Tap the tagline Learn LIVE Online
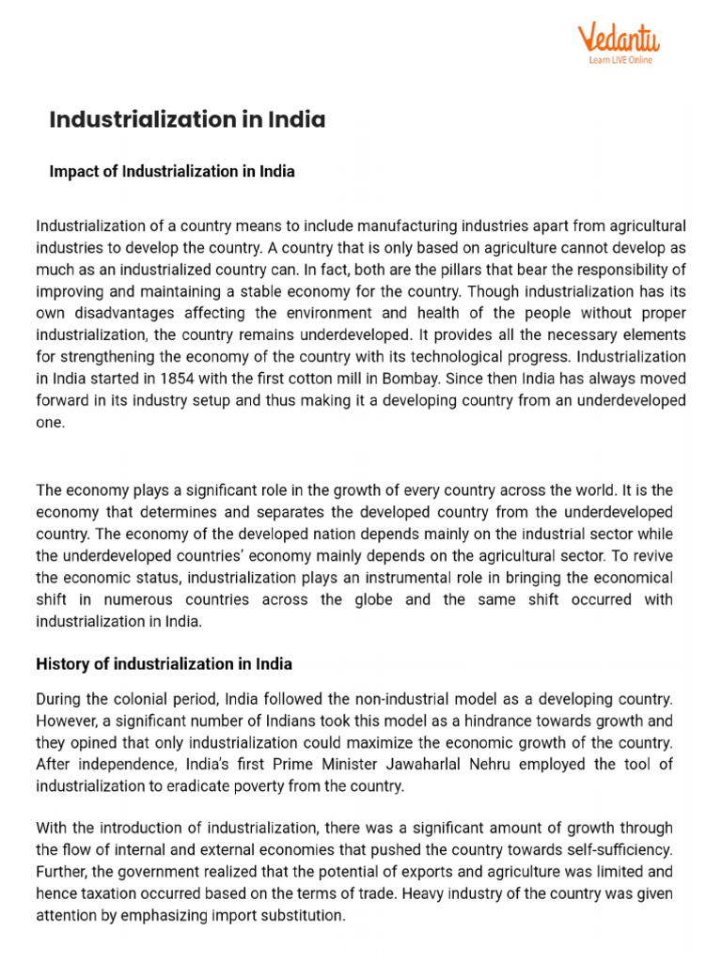(x=620, y=61)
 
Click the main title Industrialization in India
(x=187, y=120)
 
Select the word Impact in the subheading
(x=71, y=171)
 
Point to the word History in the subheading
(x=63, y=664)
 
